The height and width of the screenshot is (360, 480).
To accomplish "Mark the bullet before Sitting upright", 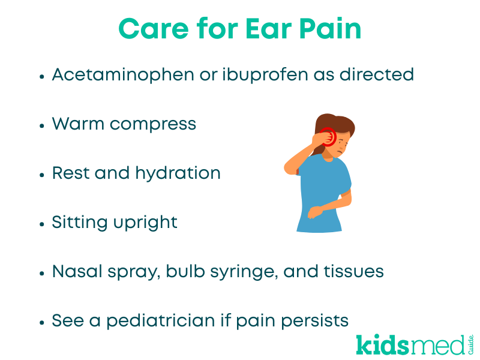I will [x=42, y=224].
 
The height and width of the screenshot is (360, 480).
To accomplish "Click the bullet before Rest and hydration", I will [x=42, y=175].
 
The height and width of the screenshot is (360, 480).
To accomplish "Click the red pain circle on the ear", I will [x=328, y=136].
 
